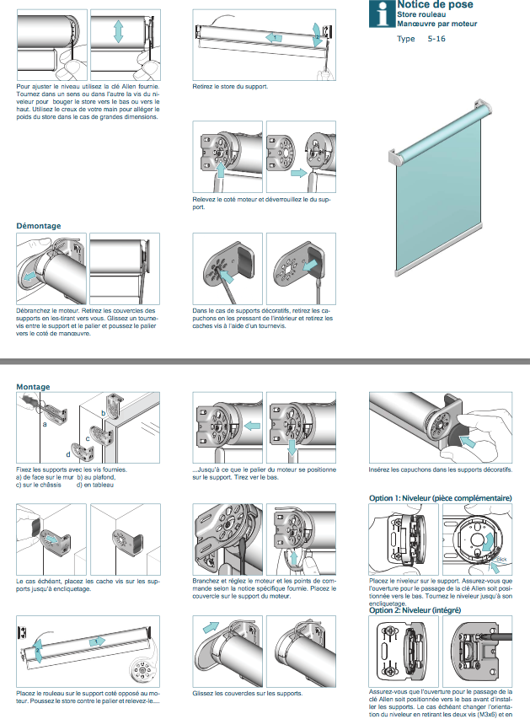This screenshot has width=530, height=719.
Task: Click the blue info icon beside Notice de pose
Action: pos(384,13)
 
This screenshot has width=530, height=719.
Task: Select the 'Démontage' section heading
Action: pos(39,226)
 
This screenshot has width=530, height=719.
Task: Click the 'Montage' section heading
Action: pos(34,387)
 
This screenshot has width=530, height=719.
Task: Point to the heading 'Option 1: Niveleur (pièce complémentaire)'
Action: pos(441,498)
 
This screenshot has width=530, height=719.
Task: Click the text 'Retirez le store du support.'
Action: pos(230,87)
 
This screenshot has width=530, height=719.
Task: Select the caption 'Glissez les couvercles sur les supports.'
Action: pos(246,693)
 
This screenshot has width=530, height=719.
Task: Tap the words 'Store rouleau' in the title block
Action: pos(422,15)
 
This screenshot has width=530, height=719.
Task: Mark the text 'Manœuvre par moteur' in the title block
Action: pos(437,24)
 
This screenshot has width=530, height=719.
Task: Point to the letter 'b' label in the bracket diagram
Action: pos(104,413)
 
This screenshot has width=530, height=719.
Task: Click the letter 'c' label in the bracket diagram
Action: pos(87,439)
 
